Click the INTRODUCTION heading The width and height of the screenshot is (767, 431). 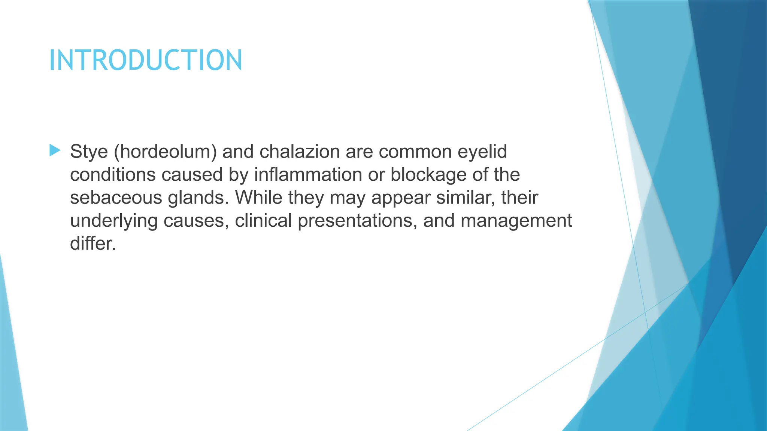tap(146, 60)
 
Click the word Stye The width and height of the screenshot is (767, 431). tap(89, 152)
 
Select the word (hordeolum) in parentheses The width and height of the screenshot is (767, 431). tap(165, 152)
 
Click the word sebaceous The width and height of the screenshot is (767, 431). tap(116, 198)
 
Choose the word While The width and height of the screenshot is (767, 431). tap(258, 198)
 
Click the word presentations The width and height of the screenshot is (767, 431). tap(357, 221)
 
